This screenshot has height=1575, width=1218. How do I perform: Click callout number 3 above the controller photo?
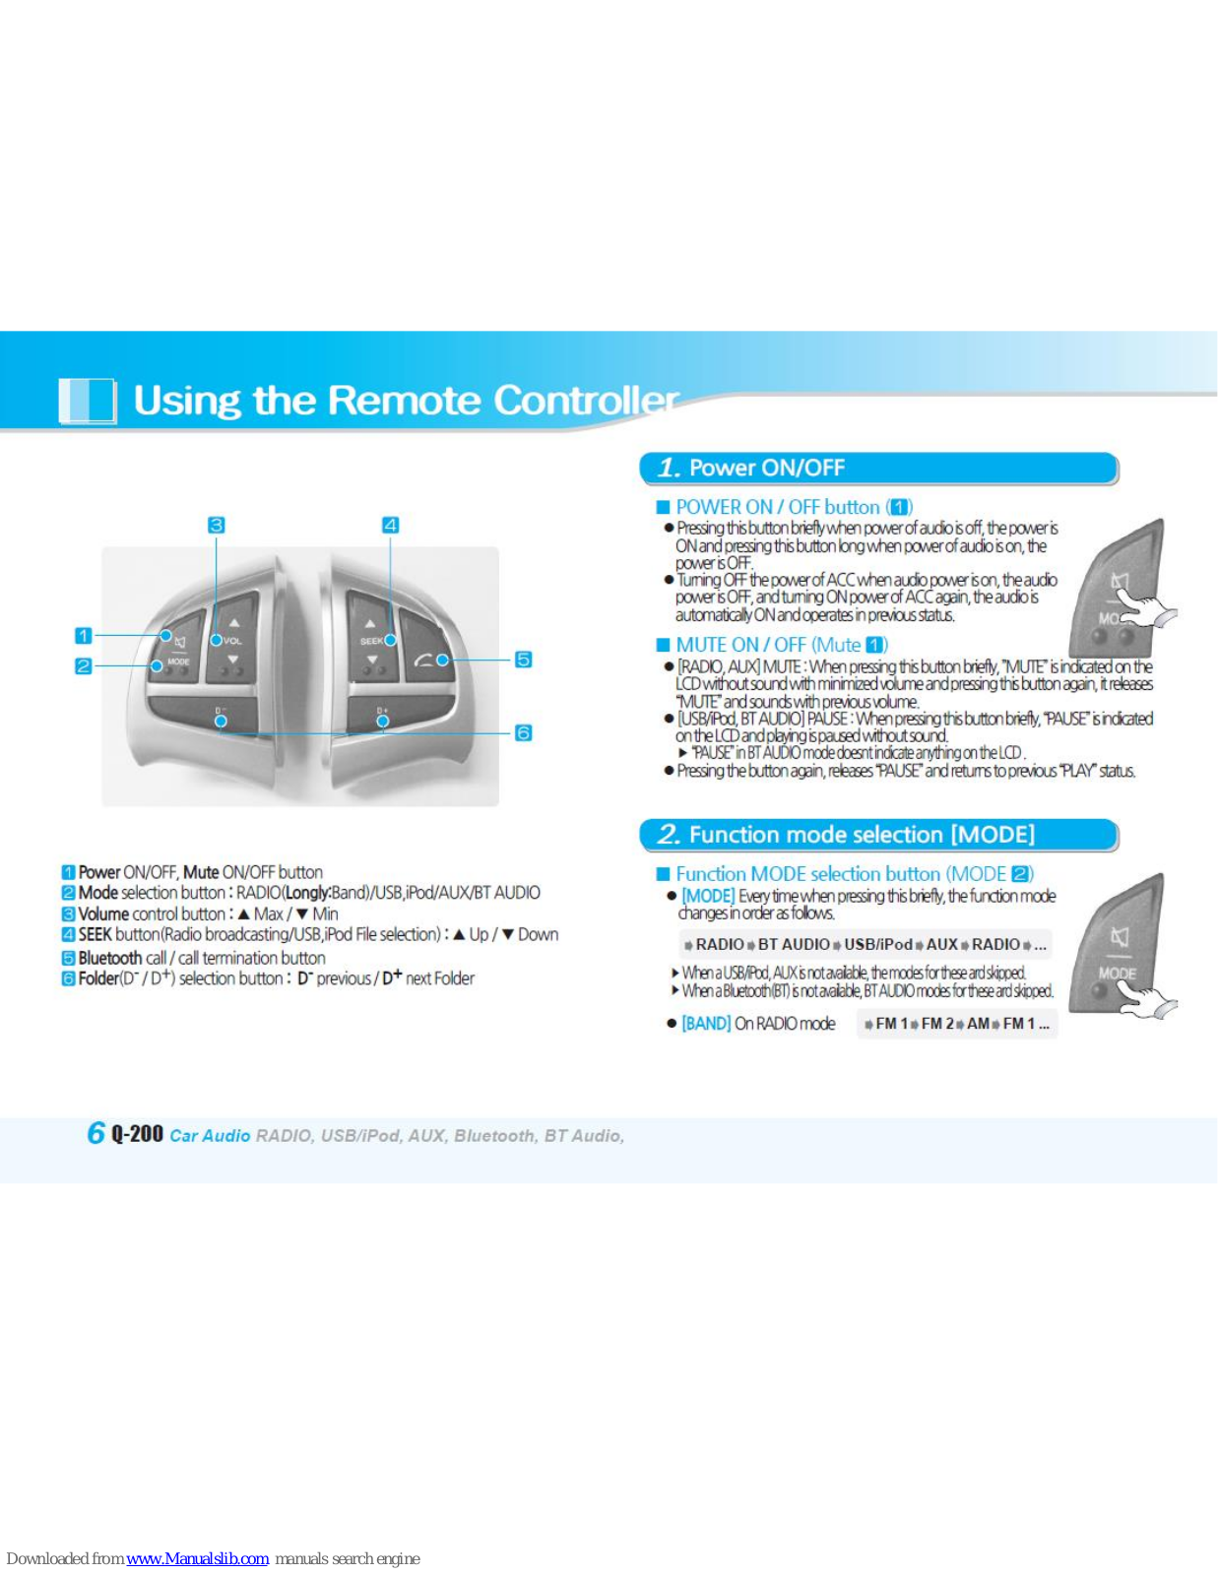217,525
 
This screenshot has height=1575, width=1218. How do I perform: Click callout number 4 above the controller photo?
390,525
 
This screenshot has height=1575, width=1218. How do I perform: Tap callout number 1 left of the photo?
84,636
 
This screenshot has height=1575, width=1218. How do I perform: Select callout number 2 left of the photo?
84,666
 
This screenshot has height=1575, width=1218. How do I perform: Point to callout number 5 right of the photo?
523,660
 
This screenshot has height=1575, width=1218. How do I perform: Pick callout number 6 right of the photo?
523,732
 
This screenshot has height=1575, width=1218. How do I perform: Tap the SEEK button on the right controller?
372,641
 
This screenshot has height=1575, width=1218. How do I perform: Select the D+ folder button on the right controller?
383,715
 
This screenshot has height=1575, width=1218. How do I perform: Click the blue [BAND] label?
706,1024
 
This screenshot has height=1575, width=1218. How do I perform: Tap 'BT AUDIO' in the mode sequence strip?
794,944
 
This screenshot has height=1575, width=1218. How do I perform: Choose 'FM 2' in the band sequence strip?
937,1024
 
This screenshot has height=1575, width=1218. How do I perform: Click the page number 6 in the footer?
96,1133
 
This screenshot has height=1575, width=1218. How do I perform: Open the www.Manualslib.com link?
198,1559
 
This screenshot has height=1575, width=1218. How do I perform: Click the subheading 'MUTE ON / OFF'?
740,645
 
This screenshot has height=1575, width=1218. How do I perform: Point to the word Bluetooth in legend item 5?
110,958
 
